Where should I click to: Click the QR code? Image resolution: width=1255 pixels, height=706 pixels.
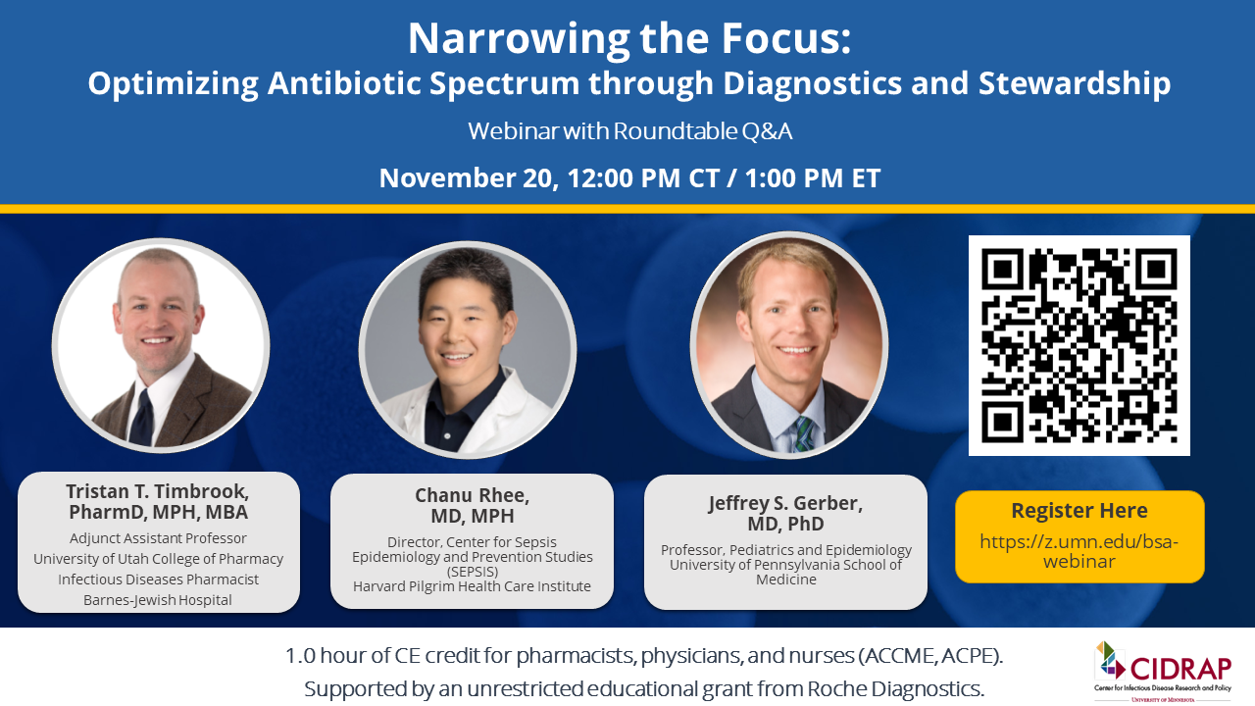click(1079, 345)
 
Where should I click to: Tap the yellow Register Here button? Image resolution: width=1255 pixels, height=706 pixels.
click(1079, 536)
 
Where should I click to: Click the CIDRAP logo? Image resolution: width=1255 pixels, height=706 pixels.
click(1163, 672)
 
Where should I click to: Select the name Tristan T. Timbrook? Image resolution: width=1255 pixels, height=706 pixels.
click(158, 491)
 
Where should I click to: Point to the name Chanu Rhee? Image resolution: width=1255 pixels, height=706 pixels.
click(472, 495)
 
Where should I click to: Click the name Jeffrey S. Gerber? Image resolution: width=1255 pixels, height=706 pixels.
click(785, 503)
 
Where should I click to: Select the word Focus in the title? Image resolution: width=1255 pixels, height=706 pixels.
click(785, 38)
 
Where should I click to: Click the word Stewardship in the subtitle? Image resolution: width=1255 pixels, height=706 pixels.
click(1075, 83)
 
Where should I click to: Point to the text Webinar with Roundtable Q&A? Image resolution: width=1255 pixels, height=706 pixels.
click(629, 131)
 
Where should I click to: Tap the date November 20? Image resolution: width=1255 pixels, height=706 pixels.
click(469, 178)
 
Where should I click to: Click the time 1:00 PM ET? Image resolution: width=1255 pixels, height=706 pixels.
click(813, 178)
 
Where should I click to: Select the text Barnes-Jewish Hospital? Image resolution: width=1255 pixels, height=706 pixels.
click(158, 600)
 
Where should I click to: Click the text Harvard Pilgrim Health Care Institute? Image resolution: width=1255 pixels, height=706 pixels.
click(472, 586)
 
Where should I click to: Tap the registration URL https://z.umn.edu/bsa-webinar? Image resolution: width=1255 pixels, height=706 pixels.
click(1079, 551)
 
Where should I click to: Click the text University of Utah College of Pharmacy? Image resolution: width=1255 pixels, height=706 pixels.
click(158, 559)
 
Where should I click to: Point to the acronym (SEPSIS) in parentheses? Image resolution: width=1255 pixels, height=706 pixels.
click(472, 572)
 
